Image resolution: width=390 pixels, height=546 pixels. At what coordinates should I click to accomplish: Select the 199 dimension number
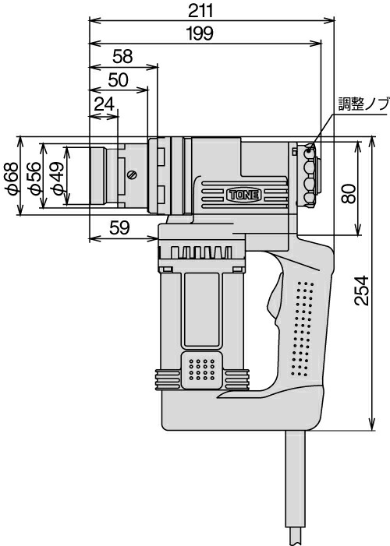coord(205,33)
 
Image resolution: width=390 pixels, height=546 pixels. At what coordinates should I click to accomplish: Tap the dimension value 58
coord(122,56)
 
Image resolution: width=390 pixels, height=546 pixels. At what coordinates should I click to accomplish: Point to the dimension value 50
coord(119,80)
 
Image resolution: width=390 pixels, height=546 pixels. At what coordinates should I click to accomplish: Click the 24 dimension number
coord(104,104)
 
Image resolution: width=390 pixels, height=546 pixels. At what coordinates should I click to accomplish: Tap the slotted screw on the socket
coord(132,174)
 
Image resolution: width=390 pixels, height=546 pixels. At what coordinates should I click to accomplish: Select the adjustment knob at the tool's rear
coord(310,176)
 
